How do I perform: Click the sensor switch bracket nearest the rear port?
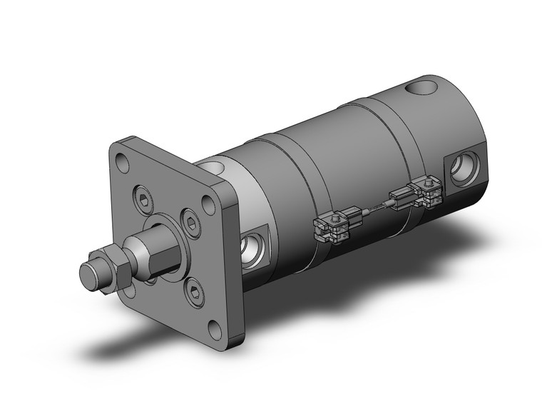point(422,191)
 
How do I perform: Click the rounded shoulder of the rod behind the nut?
point(134,253)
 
